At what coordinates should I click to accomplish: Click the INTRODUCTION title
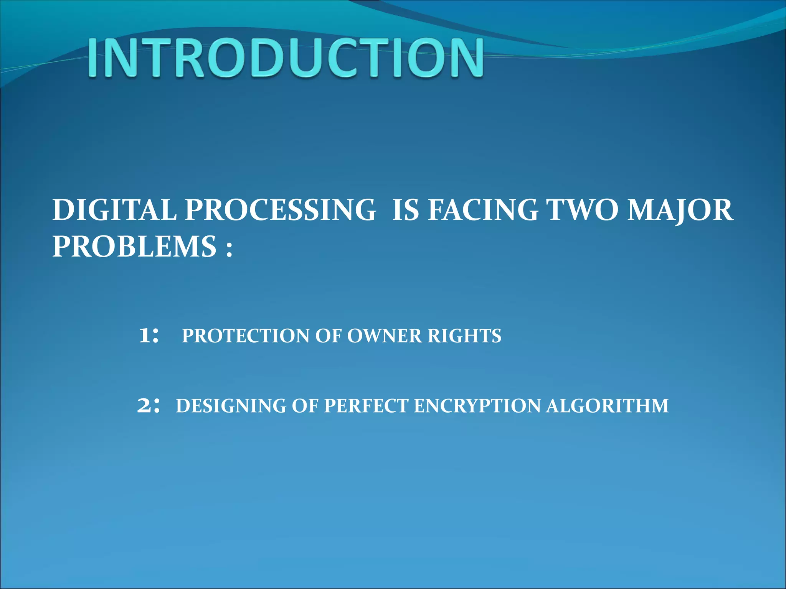pyautogui.click(x=286, y=58)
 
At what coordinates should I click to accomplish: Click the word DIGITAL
pyautogui.click(x=114, y=210)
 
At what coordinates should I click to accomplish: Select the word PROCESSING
pyautogui.click(x=281, y=210)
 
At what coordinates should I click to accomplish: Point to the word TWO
pyautogui.click(x=583, y=210)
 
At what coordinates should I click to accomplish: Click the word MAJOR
pyautogui.click(x=680, y=211)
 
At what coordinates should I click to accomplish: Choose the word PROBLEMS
pyautogui.click(x=134, y=246)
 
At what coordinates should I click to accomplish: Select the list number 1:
pyautogui.click(x=148, y=336)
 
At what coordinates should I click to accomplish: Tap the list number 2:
pyautogui.click(x=148, y=406)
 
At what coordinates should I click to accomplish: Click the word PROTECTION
pyautogui.click(x=246, y=336)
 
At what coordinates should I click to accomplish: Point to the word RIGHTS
pyautogui.click(x=464, y=336)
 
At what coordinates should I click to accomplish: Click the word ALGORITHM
pyautogui.click(x=607, y=406)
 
